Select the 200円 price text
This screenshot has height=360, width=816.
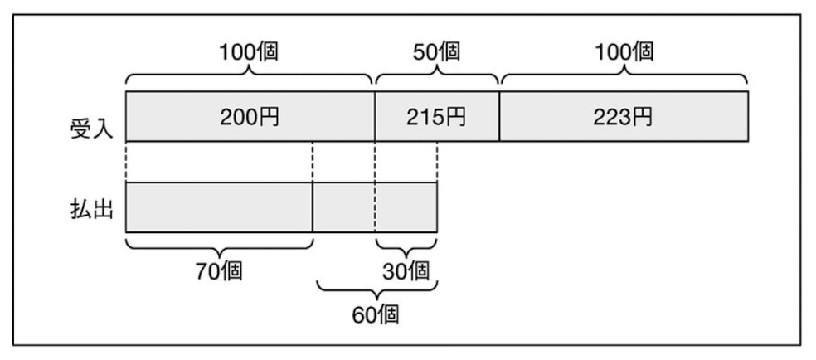pyautogui.click(x=249, y=117)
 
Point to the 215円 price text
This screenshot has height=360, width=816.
pyautogui.click(x=437, y=117)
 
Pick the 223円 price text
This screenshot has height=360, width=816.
pyautogui.click(x=623, y=117)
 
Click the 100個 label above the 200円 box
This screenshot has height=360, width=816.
pyautogui.click(x=249, y=53)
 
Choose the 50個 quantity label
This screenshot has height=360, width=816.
pyautogui.click(x=437, y=53)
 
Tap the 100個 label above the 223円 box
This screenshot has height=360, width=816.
pyautogui.click(x=623, y=53)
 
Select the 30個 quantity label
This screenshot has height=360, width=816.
pyautogui.click(x=406, y=270)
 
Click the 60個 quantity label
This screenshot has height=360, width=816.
pyautogui.click(x=376, y=314)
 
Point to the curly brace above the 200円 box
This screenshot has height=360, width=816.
pyautogui.click(x=249, y=78)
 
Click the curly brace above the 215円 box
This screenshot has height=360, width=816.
pyautogui.click(x=437, y=78)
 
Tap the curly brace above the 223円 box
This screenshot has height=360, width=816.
pyautogui.click(x=623, y=78)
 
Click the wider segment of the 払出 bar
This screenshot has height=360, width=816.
pyautogui.click(x=219, y=207)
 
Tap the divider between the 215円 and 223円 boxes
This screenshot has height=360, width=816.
pyautogui.click(x=499, y=116)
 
